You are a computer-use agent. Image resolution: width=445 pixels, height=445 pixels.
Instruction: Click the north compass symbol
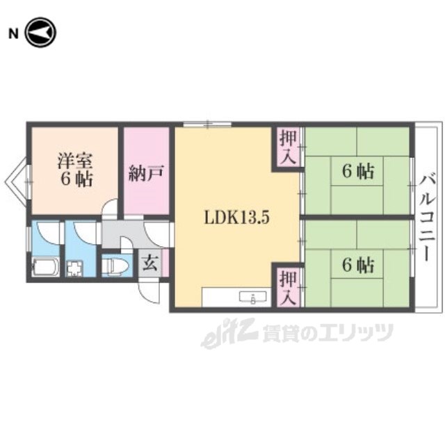[41, 33]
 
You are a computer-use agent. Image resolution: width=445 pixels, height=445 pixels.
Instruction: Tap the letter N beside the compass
[13, 34]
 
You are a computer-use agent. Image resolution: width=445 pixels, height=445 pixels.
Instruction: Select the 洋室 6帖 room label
[76, 170]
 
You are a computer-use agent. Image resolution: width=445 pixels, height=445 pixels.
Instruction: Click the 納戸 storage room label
[146, 173]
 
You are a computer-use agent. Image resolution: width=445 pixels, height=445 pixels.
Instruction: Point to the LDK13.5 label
[236, 218]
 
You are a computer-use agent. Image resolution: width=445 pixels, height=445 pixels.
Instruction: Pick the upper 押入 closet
[288, 148]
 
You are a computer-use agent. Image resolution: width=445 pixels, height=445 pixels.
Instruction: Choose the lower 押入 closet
[288, 287]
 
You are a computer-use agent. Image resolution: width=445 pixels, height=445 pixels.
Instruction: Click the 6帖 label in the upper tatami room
[358, 172]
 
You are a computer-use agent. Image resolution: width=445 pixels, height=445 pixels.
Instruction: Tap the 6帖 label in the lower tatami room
[358, 266]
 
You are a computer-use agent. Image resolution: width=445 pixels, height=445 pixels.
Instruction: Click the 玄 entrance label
[150, 263]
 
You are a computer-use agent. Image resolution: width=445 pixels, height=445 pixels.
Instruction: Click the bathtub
[45, 267]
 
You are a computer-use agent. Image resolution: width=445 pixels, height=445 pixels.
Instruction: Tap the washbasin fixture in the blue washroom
[74, 268]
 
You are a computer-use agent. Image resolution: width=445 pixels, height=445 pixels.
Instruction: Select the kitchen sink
[253, 297]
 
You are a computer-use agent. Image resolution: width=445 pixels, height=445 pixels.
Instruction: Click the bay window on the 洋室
[17, 181]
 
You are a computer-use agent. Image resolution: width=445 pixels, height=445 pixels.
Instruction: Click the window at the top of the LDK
[207, 124]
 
